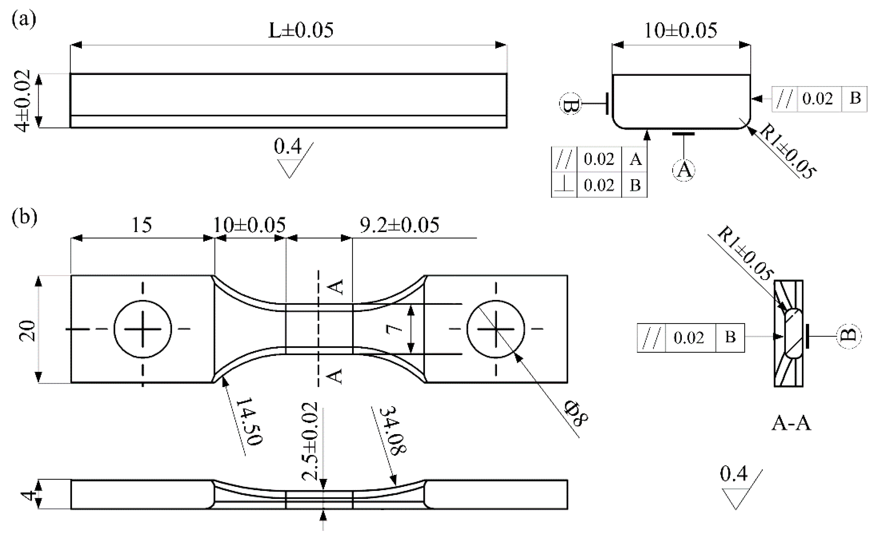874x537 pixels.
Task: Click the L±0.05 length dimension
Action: click(300, 30)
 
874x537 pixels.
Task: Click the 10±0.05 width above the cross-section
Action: click(680, 30)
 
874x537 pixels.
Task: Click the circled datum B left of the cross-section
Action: click(570, 104)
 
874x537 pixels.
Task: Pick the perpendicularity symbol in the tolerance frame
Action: click(564, 185)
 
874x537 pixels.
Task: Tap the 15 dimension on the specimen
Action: click(142, 224)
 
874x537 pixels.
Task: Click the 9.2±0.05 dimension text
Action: click(399, 225)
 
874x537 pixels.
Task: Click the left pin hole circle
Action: click(143, 329)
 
